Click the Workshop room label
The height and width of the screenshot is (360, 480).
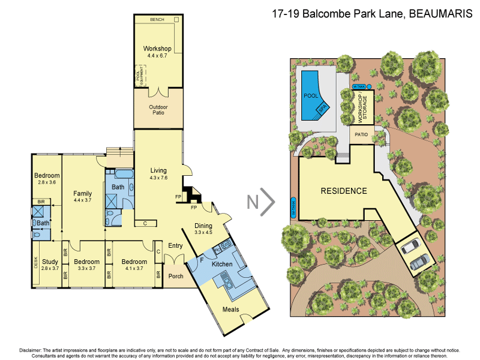157,49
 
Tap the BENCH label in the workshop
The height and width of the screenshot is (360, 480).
157,20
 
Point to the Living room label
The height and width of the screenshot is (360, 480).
158,171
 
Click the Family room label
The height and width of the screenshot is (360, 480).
82,193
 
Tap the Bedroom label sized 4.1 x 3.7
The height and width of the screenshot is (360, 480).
134,262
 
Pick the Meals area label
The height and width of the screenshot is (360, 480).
232,310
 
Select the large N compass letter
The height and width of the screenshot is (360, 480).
253,203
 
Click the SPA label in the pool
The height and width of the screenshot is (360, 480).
323,110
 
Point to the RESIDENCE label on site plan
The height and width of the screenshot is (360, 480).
343,191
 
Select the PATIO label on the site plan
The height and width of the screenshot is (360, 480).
362,136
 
